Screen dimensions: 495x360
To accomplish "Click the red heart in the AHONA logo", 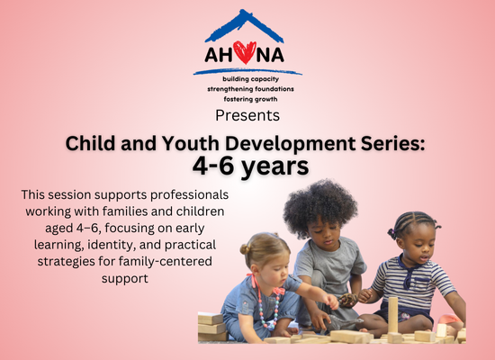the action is point(245,52).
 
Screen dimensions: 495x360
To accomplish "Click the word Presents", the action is point(247,115).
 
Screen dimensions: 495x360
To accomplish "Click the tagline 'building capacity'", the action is point(251,79).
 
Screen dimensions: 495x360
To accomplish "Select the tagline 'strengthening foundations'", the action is point(251,89).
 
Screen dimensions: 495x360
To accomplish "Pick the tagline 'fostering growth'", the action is point(251,99).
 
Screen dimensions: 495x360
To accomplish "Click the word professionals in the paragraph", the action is point(189,195).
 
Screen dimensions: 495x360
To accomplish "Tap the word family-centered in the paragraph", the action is point(165,262).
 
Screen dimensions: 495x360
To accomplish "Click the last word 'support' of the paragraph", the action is point(125,279).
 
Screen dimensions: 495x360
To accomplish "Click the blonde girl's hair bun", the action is point(245,248).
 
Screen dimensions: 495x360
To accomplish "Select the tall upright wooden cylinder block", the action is point(392,314).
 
